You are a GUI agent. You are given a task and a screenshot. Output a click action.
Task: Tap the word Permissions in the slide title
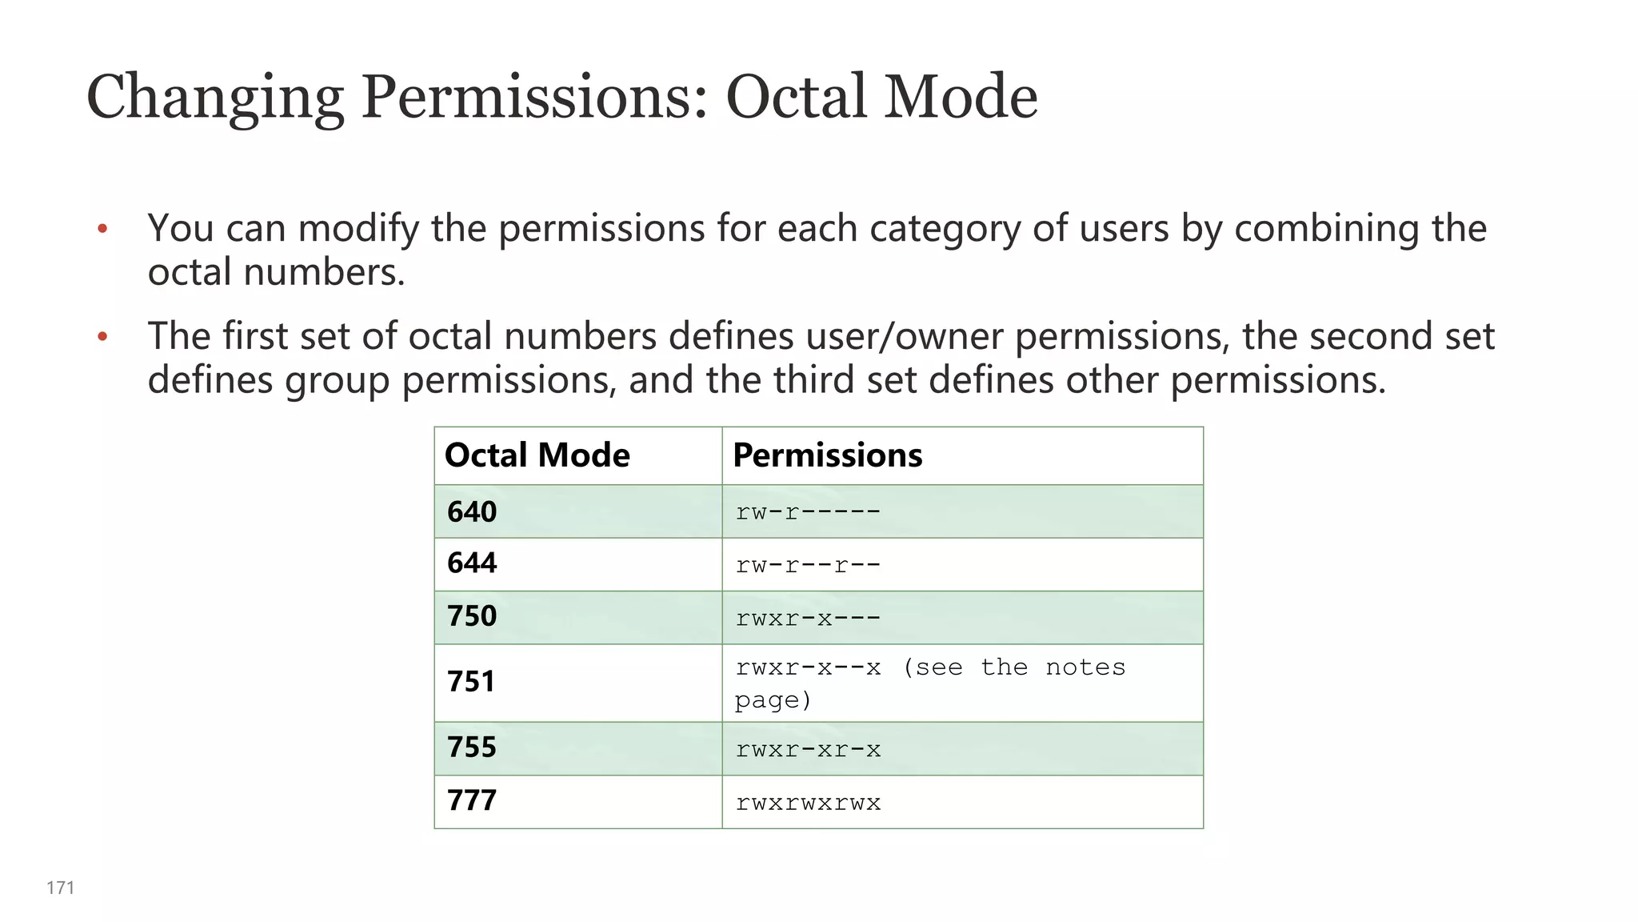(x=534, y=97)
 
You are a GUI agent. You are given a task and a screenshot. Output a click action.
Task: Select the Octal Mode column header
(x=537, y=455)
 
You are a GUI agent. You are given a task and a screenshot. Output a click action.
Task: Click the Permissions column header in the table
(x=827, y=455)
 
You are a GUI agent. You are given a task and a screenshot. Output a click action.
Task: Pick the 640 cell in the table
(x=472, y=511)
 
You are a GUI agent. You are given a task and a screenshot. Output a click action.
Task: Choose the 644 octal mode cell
(x=472, y=563)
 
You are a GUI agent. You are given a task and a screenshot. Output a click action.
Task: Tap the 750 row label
(x=472, y=616)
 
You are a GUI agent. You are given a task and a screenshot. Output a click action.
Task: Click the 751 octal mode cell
(x=471, y=682)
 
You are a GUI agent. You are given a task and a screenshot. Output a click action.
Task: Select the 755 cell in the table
(x=472, y=748)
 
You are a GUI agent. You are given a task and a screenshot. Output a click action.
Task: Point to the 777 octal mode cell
(x=472, y=800)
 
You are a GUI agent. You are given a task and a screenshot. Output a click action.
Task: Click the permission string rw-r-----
(x=808, y=512)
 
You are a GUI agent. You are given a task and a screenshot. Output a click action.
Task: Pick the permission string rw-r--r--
(x=808, y=565)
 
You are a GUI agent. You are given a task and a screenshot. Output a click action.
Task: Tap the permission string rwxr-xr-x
(x=808, y=750)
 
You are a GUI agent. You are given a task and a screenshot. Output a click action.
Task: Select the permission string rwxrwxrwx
(x=808, y=803)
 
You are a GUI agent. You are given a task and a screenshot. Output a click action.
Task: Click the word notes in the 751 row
(x=1085, y=667)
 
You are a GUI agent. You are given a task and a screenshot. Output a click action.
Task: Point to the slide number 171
(x=61, y=888)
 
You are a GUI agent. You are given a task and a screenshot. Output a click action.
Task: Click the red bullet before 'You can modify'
(x=102, y=230)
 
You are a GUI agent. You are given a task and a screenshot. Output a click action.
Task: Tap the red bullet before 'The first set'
(x=102, y=337)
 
